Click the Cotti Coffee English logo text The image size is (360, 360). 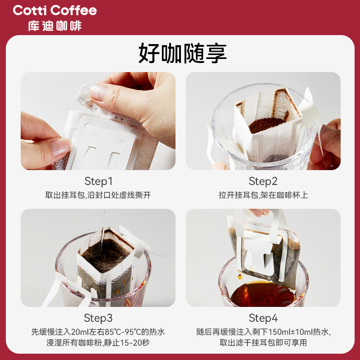tap(55, 10)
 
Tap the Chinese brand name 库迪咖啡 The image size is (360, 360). tap(55, 26)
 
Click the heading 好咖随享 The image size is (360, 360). tap(182, 53)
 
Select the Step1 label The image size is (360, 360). tap(98, 181)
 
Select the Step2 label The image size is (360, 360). tap(263, 181)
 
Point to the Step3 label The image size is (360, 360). tap(98, 318)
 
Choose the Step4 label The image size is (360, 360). tap(263, 318)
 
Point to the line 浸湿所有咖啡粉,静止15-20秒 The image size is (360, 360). tap(98, 342)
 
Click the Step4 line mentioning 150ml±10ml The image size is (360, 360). tap(263, 332)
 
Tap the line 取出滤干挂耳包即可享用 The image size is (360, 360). tap(263, 342)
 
